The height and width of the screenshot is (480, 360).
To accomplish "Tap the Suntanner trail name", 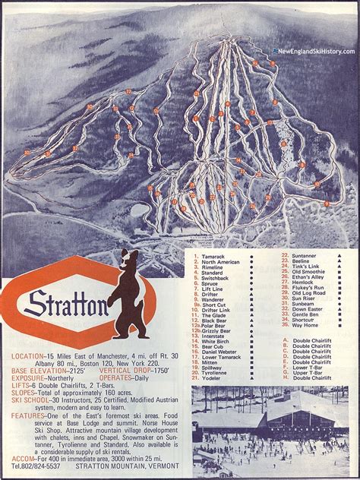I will [305, 257].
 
